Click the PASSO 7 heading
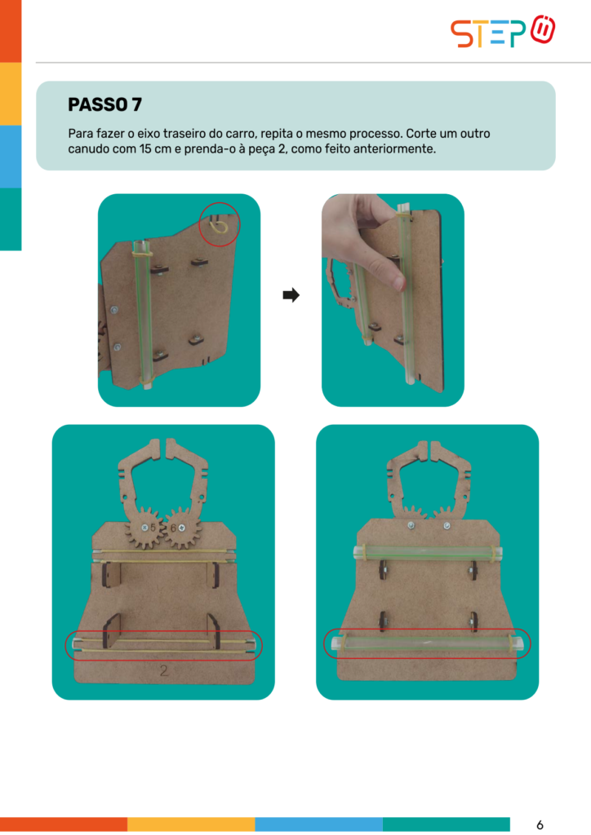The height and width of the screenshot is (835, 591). (x=105, y=104)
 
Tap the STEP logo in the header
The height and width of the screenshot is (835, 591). (x=503, y=32)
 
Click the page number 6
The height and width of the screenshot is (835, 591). (x=540, y=825)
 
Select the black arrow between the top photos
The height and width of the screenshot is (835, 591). (x=291, y=294)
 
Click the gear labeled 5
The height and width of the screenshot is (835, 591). (x=145, y=528)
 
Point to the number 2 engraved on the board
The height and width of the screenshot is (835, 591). (x=164, y=670)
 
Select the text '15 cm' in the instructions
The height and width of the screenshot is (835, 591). (x=153, y=149)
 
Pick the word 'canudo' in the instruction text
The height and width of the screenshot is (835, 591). (x=85, y=149)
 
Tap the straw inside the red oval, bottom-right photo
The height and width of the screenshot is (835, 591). (x=427, y=643)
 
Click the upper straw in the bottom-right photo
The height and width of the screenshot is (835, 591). (x=428, y=553)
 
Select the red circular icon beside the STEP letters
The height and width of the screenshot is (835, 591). (x=543, y=30)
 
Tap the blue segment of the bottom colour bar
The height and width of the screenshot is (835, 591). (x=318, y=824)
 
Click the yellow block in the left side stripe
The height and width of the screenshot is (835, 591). (x=11, y=94)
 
